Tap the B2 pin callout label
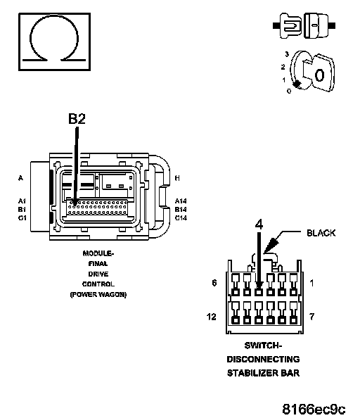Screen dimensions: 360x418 [77, 119]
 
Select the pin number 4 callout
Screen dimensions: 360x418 [259, 224]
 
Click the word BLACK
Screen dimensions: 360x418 [321, 233]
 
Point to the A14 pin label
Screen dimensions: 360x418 [181, 201]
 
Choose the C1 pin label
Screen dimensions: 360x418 [22, 218]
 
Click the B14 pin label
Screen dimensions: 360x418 [181, 209]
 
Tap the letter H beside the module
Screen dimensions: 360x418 [177, 178]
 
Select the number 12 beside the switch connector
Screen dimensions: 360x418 [212, 317]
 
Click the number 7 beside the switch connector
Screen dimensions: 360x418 [311, 317]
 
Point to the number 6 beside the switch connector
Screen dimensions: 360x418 [214, 283]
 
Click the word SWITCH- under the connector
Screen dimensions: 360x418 [263, 346]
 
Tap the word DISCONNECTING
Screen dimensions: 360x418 [263, 359]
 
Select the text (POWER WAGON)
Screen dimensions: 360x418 [98, 295]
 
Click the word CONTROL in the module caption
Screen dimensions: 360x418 [98, 284]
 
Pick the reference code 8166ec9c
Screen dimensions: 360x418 [314, 409]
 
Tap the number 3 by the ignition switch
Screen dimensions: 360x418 [287, 54]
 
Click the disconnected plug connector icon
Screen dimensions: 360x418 [304, 25]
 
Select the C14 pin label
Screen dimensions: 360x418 [181, 218]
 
